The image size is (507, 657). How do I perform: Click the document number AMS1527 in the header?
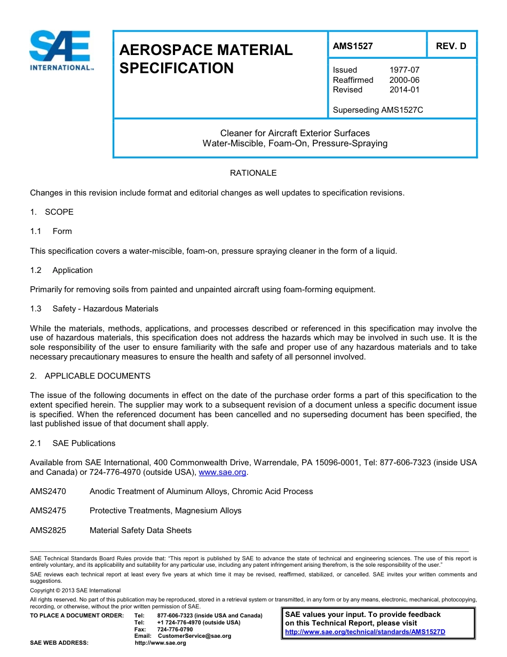[x=353, y=46]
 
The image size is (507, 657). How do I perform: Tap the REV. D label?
[x=451, y=46]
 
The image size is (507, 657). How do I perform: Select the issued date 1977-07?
[x=404, y=70]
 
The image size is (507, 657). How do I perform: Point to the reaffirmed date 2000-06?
[x=404, y=80]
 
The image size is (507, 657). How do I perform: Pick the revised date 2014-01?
[x=404, y=90]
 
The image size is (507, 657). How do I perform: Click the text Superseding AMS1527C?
[x=378, y=110]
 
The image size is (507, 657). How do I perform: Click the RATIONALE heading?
[x=253, y=173]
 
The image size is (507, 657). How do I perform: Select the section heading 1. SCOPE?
[x=52, y=212]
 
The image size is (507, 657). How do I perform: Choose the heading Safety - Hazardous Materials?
[x=105, y=309]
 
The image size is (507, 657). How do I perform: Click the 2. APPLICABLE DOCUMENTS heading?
[x=90, y=376]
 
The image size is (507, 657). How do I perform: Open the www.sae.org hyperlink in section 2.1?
[x=222, y=472]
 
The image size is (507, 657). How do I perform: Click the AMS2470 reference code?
[x=48, y=491]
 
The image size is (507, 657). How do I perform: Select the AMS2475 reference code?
[x=48, y=511]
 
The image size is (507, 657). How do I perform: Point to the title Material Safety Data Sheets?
[x=140, y=530]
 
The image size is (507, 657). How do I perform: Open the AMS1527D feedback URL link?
[x=365, y=632]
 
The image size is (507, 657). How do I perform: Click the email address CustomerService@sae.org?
[x=194, y=636]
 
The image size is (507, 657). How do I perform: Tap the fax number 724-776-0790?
[x=175, y=629]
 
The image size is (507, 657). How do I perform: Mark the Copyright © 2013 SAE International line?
[x=75, y=590]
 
